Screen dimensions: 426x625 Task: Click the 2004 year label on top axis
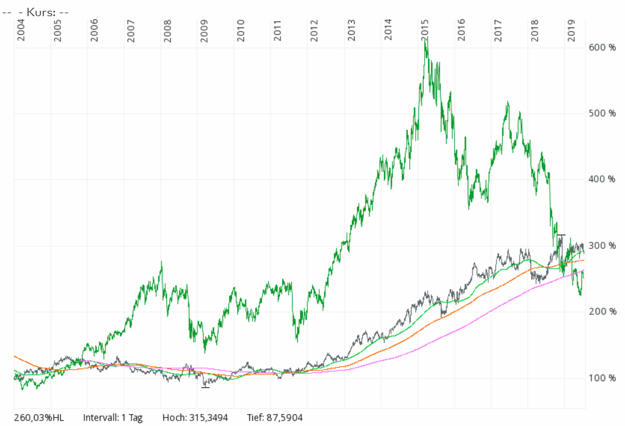click(x=21, y=30)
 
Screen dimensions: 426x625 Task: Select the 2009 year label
click(x=205, y=30)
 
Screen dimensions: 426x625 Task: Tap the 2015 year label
click(x=425, y=30)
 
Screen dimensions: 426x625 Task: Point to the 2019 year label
click(x=572, y=30)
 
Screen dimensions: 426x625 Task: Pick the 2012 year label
click(x=315, y=30)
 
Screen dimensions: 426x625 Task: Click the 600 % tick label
click(x=603, y=47)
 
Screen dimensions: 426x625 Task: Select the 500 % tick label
click(x=603, y=113)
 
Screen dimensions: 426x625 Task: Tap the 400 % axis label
click(x=603, y=179)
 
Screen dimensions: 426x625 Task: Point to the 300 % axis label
click(x=603, y=245)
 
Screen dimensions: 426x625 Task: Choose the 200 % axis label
click(x=603, y=312)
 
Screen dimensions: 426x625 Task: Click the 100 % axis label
click(x=603, y=378)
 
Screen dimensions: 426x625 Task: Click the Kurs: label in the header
click(x=39, y=12)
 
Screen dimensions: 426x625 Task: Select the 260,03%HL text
click(x=38, y=418)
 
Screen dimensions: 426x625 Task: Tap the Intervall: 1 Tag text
click(x=113, y=418)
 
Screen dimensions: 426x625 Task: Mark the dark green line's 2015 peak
click(x=425, y=39)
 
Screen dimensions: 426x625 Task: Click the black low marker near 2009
click(x=205, y=387)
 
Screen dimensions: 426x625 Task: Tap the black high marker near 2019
click(x=561, y=236)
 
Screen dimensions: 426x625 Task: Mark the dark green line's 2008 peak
click(x=161, y=261)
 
